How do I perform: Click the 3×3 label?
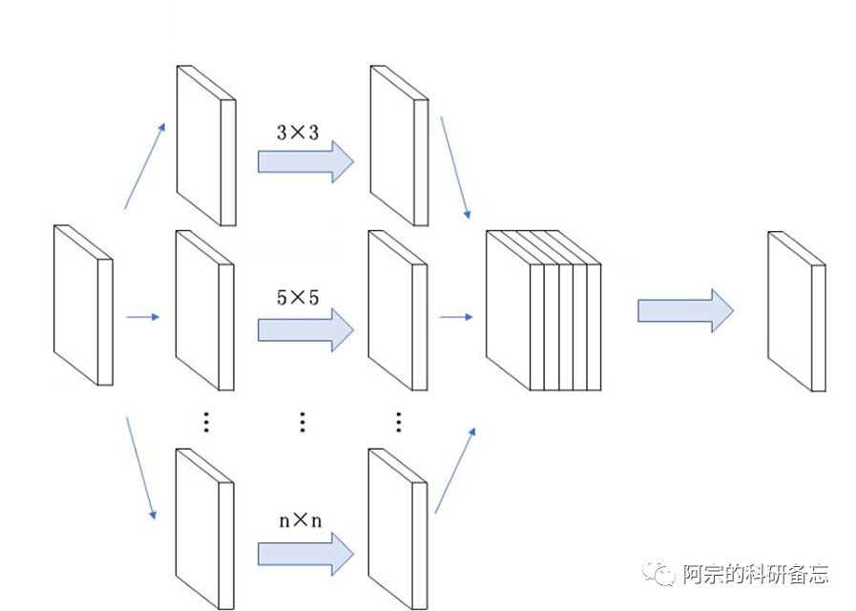coord(297,133)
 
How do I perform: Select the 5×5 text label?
coord(297,298)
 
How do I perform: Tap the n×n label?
coord(300,520)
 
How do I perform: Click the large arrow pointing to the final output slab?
coord(685,311)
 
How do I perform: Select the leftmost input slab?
coord(83,305)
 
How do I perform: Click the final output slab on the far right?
coord(797,311)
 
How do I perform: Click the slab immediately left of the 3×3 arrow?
coord(205,146)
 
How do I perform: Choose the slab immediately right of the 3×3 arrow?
coord(398,146)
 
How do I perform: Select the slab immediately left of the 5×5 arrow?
coord(205,310)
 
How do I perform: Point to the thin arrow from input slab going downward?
coord(140,469)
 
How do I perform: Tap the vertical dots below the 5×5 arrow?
coord(303,421)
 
